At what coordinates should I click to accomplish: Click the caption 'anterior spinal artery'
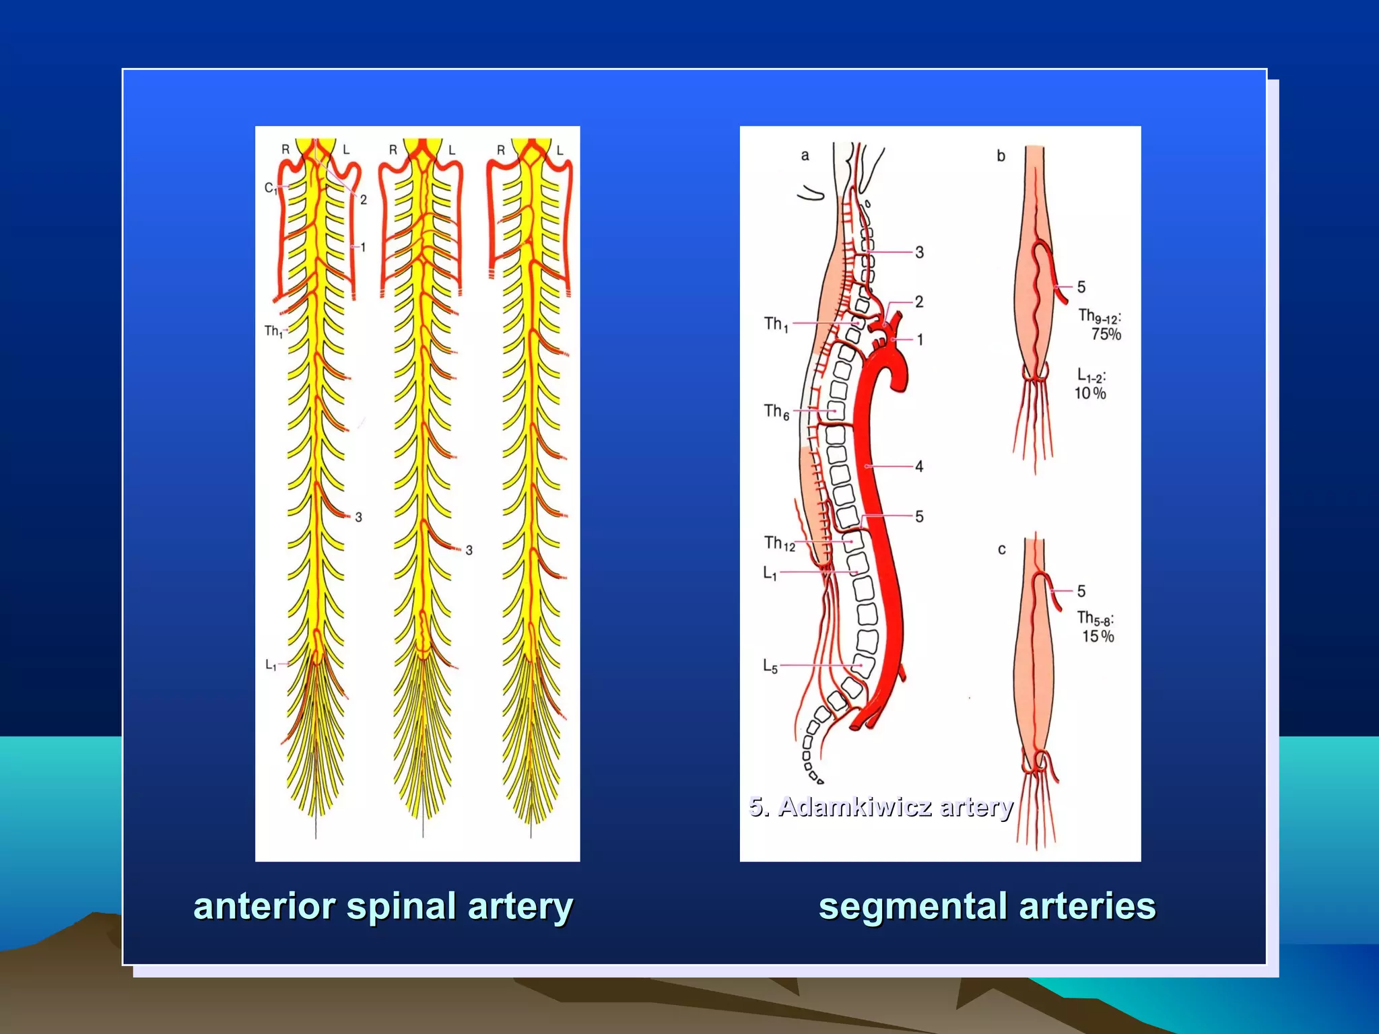pos(382,906)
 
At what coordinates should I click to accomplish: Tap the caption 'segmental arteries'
pos(986,906)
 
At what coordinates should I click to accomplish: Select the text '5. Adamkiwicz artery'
pos(881,806)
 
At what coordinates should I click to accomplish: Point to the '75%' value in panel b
pos(1106,334)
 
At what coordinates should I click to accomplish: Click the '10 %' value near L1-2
pos(1089,393)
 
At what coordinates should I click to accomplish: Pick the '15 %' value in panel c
pos(1098,636)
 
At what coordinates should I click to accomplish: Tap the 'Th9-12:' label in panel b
pos(1100,315)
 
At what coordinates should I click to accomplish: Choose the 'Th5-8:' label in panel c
pos(1096,618)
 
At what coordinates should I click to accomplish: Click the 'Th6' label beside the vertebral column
pos(776,411)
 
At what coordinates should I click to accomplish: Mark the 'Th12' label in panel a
pos(779,543)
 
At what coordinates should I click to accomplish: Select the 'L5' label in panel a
pos(770,666)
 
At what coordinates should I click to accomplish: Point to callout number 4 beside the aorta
pos(919,466)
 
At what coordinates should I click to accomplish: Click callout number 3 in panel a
pos(919,252)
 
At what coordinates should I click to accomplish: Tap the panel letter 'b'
pos(1001,156)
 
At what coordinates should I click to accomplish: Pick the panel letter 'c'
pos(1001,549)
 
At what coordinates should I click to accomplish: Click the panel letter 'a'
pos(805,156)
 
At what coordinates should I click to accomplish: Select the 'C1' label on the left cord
pos(270,188)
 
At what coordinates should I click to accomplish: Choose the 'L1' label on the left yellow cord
pos(271,665)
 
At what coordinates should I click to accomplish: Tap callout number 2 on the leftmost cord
pos(364,199)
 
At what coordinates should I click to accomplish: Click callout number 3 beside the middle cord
pos(469,550)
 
